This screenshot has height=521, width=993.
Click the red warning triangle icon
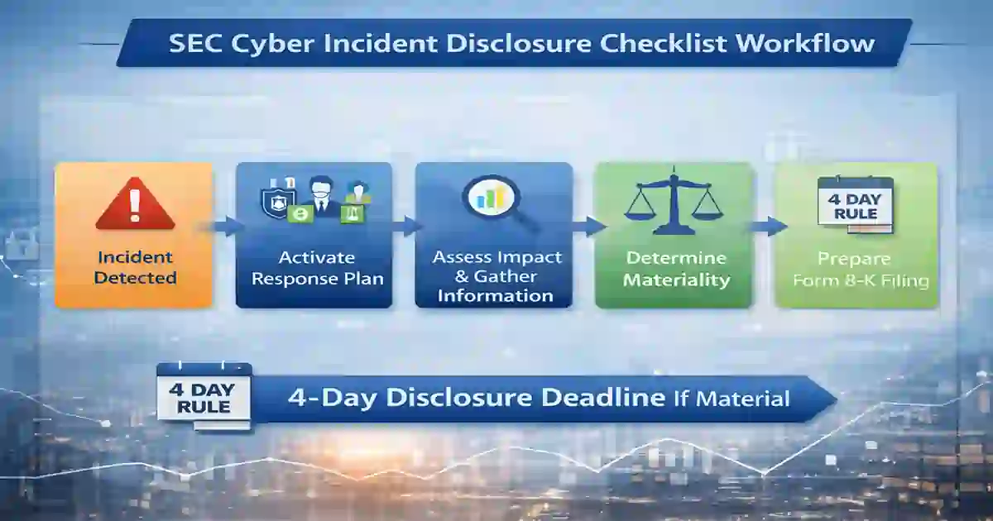[x=135, y=206]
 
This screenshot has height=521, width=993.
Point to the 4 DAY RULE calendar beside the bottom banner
[x=204, y=396]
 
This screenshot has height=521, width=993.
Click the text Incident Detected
[x=135, y=267]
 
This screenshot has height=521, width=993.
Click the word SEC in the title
[x=194, y=43]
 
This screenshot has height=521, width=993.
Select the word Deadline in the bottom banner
[x=603, y=397]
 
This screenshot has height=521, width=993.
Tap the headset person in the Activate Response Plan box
[x=319, y=195]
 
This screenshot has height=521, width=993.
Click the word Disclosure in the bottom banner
[x=459, y=397]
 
